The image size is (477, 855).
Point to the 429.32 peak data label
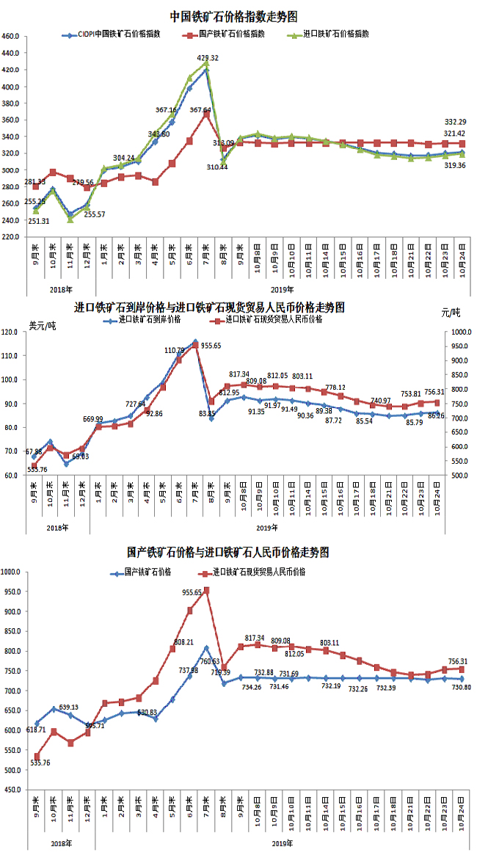(x=208, y=57)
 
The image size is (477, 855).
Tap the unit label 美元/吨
(x=41, y=325)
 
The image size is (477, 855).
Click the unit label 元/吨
(x=451, y=313)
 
